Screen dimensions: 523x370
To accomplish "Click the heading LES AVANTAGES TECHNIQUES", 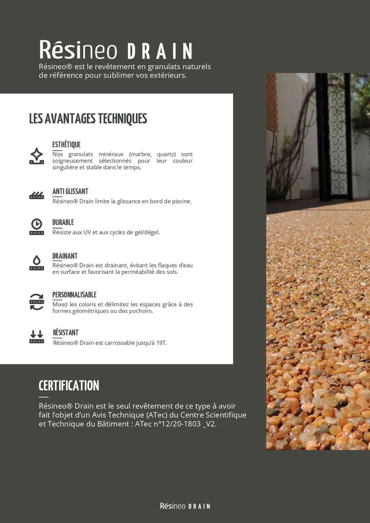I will (88, 119).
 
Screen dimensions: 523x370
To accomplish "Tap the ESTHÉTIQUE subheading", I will (66, 145).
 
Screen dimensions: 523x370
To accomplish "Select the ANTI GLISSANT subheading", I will (70, 191).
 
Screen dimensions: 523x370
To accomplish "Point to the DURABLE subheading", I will (63, 222).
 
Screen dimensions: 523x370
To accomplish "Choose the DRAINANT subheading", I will (65, 256).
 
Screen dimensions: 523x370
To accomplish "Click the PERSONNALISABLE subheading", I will (74, 295).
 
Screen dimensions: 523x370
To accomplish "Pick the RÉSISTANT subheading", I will (66, 333).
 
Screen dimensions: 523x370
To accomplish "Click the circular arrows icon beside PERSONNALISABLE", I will (37, 302).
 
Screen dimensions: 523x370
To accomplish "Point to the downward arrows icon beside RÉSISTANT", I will (37, 336).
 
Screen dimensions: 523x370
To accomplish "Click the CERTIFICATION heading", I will (69, 386).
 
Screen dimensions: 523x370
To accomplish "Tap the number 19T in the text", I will (161, 343).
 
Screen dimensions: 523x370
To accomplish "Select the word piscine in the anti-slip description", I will (181, 201).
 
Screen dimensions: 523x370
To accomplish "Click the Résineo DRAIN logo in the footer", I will (185, 506).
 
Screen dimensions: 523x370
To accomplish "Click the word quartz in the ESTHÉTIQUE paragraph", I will (166, 154).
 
